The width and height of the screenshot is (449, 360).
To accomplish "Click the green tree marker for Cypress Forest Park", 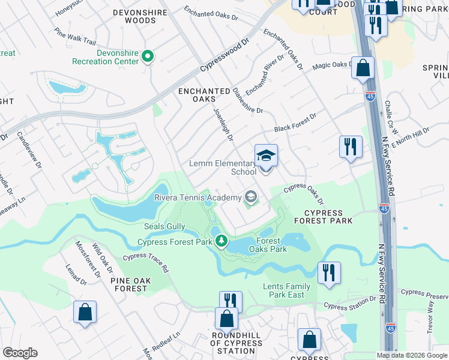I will (222, 241).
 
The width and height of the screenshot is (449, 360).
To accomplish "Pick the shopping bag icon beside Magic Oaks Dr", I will (363, 68).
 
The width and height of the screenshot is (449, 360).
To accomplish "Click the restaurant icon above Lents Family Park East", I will (329, 272).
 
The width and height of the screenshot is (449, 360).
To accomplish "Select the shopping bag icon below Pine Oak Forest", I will (85, 313).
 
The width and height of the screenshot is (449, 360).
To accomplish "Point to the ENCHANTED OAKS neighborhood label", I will (204, 95).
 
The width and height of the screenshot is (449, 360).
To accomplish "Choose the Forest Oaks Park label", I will (267, 245).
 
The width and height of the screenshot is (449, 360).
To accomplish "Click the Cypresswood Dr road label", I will (223, 57).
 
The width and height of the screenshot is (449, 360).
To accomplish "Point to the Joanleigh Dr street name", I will (222, 124).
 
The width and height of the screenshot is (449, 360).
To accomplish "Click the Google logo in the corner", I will (20, 353).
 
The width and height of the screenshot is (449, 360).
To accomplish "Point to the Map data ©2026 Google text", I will (412, 355).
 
